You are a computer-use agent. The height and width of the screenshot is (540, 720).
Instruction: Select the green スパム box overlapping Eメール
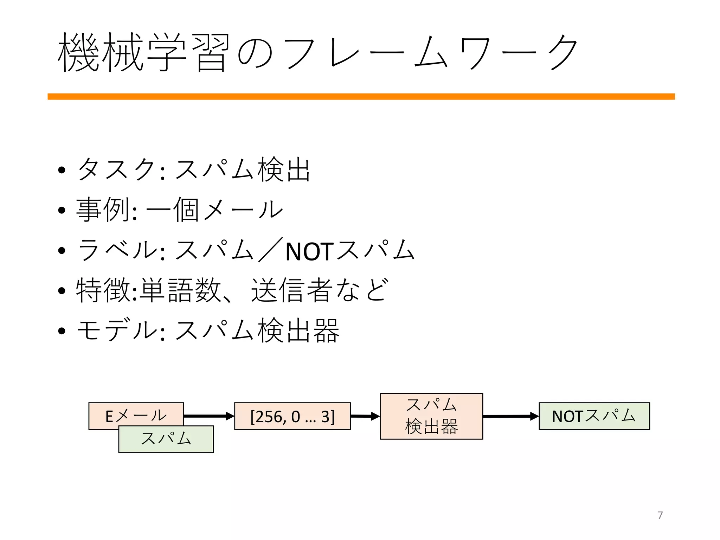pyautogui.click(x=166, y=439)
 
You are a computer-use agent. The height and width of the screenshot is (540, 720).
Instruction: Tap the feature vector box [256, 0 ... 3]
pyautogui.click(x=292, y=416)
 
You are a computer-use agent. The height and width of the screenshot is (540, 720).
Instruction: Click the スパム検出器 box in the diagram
pyautogui.click(x=431, y=416)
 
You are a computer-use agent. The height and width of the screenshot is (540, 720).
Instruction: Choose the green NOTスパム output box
pyautogui.click(x=594, y=416)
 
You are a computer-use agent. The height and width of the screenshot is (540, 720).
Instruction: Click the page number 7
pyautogui.click(x=660, y=515)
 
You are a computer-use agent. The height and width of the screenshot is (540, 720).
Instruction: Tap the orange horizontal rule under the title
pyautogui.click(x=361, y=97)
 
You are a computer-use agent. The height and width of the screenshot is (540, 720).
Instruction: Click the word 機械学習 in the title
pyautogui.click(x=143, y=53)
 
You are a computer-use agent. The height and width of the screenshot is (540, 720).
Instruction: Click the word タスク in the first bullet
pyautogui.click(x=116, y=170)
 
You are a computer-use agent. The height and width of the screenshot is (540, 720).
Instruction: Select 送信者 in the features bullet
pyautogui.click(x=292, y=290)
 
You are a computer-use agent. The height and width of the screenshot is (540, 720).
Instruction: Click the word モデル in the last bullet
pyautogui.click(x=116, y=330)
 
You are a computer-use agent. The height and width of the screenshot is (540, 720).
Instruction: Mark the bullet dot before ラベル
pyautogui.click(x=62, y=251)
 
